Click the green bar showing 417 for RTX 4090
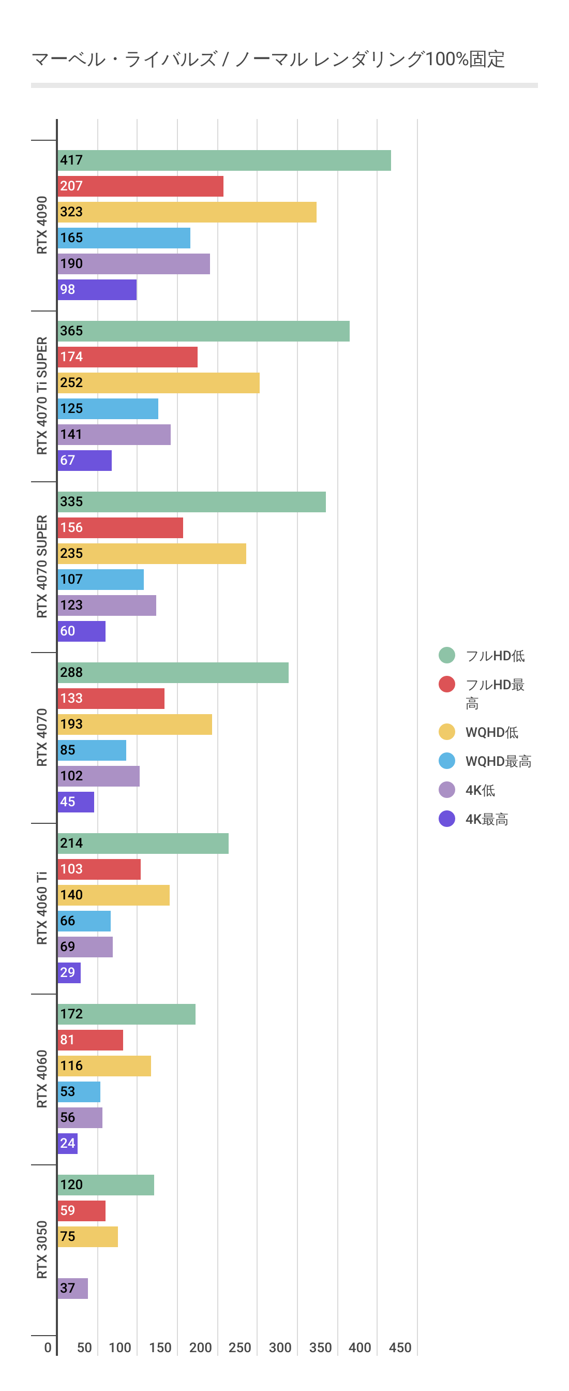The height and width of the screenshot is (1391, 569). click(x=224, y=160)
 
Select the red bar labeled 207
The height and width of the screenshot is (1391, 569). click(x=140, y=186)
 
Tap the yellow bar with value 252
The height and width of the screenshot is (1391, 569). click(x=158, y=383)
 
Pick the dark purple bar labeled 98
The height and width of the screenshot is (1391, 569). click(x=97, y=290)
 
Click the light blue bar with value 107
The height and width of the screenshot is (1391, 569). click(x=100, y=580)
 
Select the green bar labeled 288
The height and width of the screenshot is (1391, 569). click(x=173, y=673)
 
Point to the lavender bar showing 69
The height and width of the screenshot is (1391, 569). click(x=85, y=947)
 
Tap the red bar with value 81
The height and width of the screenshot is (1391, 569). click(x=90, y=1040)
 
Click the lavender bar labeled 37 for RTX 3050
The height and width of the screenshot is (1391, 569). click(x=73, y=1289)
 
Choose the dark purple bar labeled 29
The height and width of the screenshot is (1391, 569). click(x=69, y=973)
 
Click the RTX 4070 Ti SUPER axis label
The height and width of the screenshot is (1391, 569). click(x=41, y=396)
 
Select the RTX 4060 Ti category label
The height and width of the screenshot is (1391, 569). click(x=41, y=908)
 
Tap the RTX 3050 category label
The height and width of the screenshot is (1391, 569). click(x=41, y=1250)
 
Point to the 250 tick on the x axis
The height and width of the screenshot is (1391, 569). click(x=239, y=1348)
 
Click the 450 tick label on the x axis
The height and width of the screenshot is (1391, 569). click(x=400, y=1348)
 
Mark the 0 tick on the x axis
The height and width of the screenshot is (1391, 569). click(x=48, y=1348)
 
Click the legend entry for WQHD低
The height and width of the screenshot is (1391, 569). click(x=491, y=732)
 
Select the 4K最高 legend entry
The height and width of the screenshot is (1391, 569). click(x=486, y=819)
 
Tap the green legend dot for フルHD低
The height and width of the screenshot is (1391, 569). click(x=447, y=656)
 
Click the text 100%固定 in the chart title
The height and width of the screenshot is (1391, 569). click(x=465, y=59)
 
